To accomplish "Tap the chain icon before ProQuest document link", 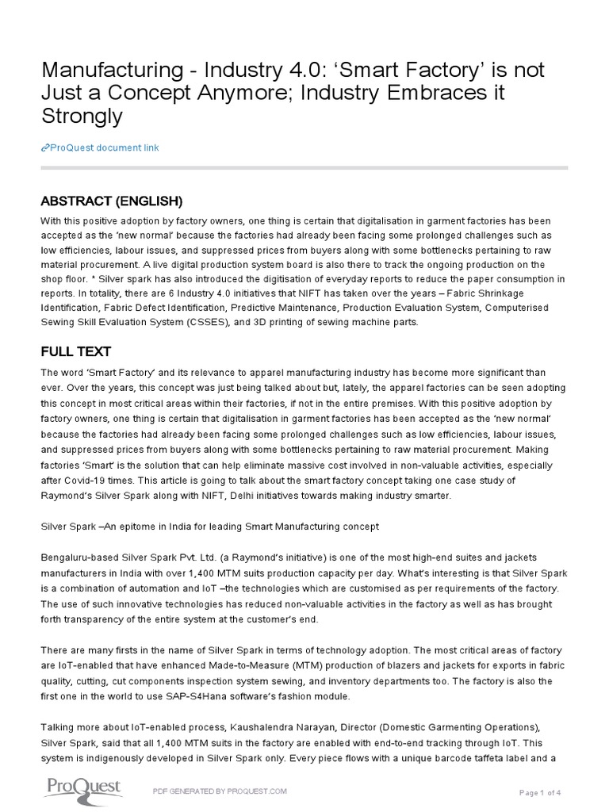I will coord(44,148).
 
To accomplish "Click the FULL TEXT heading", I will coord(75,350).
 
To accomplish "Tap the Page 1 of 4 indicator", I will coord(540,792).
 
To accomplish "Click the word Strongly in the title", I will coord(82,116).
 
